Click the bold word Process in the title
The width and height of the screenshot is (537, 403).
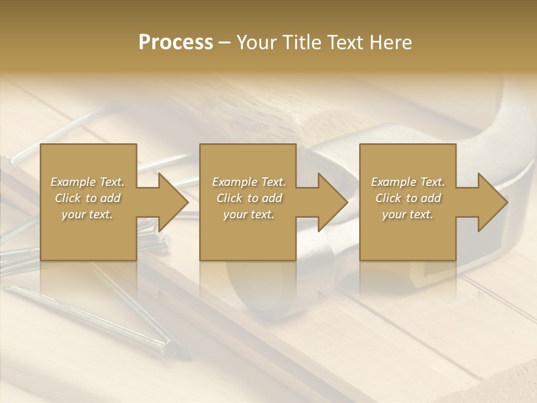pos(176,43)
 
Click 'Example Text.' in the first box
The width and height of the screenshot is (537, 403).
pos(88,182)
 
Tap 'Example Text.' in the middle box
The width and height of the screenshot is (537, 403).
pos(249,182)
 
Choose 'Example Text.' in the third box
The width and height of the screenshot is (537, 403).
pos(408,182)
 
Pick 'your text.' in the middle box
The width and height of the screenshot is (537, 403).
pos(249,214)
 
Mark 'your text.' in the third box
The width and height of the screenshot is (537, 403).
pos(408,214)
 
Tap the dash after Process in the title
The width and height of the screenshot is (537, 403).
pos(225,43)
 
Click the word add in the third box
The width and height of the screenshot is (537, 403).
pos(430,198)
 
